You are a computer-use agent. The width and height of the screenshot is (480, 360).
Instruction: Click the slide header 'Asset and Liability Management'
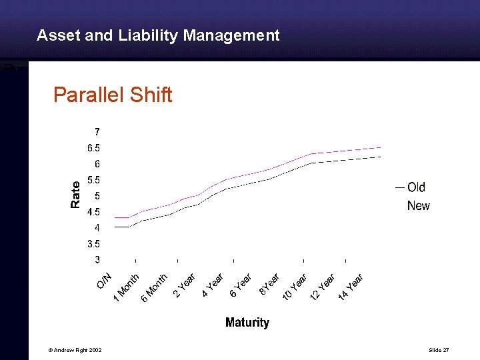[x=158, y=35]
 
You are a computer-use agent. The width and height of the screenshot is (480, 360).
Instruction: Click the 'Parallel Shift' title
[x=113, y=95]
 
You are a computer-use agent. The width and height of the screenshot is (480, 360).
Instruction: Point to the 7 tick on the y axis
[x=97, y=131]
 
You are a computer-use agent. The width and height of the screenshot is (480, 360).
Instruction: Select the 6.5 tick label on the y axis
[x=93, y=147]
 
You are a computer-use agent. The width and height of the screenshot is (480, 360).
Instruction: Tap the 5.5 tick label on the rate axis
[x=93, y=180]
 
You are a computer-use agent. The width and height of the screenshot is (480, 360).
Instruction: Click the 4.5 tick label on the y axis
[x=93, y=212]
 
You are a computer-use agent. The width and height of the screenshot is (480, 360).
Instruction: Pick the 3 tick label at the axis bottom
[x=97, y=260]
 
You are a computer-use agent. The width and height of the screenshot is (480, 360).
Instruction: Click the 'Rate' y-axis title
[x=75, y=194]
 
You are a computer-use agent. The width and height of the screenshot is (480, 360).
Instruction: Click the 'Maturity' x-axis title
[x=247, y=323]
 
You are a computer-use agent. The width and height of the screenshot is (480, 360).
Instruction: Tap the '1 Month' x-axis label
[x=126, y=287]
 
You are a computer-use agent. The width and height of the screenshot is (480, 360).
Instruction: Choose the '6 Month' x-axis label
[x=154, y=287]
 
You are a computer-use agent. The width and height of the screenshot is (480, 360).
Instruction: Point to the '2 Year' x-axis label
[x=184, y=285]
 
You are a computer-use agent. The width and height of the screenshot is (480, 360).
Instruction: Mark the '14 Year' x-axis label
[x=350, y=287]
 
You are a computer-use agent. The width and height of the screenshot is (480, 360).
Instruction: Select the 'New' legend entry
[x=419, y=206]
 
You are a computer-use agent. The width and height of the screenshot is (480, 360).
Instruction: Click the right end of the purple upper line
[x=381, y=147]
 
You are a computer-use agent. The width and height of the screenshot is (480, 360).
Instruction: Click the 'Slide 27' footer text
[x=439, y=351]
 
